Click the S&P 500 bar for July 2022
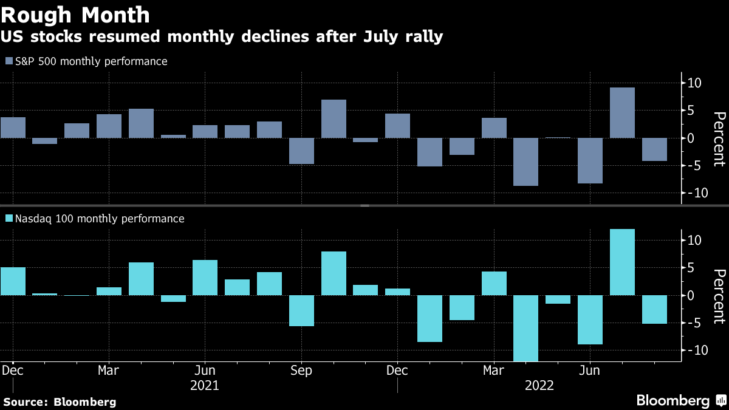[x=622, y=113]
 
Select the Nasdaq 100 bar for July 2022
[x=622, y=262]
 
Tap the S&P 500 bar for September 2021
[x=301, y=151]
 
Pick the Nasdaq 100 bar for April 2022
[x=526, y=328]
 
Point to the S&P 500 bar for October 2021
[x=334, y=119]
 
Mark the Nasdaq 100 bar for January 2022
[x=430, y=318]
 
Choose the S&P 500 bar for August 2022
[x=654, y=149]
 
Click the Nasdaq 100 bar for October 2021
[x=334, y=273]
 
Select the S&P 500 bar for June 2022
[x=590, y=160]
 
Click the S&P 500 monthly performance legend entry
[x=86, y=61]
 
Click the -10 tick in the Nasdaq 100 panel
[x=693, y=350]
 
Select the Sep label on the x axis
[x=301, y=370]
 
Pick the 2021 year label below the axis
[x=204, y=385]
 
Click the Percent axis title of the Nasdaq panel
[x=719, y=296]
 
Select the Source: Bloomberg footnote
[x=60, y=401]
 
